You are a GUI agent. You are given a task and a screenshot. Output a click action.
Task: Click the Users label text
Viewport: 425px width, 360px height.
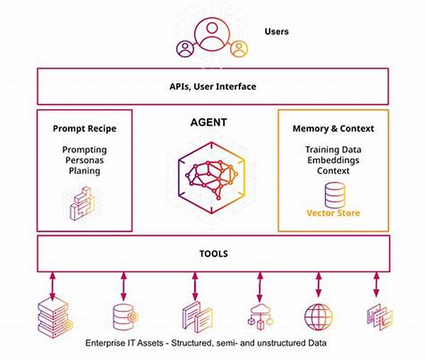tap(276, 31)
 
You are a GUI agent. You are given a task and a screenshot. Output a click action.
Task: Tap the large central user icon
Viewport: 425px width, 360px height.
tap(212, 34)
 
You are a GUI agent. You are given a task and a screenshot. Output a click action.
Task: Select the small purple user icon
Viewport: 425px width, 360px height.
tap(185, 49)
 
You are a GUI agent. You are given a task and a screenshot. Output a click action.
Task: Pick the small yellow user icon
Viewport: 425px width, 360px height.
tap(239, 49)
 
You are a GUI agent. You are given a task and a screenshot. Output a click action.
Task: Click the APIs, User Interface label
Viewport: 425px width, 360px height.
tap(212, 86)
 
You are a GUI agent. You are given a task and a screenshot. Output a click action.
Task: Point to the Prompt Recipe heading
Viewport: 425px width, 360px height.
tap(84, 128)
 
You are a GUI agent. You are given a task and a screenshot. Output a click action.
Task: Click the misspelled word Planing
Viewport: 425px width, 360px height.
tap(84, 171)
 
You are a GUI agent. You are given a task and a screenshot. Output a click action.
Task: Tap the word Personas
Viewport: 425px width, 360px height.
tap(84, 160)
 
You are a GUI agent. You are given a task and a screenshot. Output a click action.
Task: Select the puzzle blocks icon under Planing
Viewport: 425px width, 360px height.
tap(82, 203)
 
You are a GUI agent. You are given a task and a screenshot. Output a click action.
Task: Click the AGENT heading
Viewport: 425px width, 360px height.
tap(208, 123)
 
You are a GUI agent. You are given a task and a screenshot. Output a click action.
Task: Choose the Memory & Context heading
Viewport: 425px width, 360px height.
tap(334, 128)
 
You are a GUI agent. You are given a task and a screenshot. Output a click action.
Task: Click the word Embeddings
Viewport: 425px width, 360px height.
tap(334, 160)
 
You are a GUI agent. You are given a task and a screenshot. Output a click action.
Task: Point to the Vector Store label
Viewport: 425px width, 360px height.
tap(334, 213)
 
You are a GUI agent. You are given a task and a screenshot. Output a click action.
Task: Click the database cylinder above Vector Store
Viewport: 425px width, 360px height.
tap(335, 195)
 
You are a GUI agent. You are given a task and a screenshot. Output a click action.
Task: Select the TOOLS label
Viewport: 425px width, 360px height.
tap(214, 254)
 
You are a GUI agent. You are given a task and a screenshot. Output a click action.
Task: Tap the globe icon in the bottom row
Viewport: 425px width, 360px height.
tap(318, 317)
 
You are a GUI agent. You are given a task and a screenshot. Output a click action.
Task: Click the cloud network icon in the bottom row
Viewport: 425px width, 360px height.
tap(261, 316)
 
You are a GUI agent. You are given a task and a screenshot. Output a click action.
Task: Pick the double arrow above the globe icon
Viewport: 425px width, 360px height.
tap(319, 285)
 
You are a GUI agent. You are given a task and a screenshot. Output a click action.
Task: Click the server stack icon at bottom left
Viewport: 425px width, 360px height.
tap(55, 317)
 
